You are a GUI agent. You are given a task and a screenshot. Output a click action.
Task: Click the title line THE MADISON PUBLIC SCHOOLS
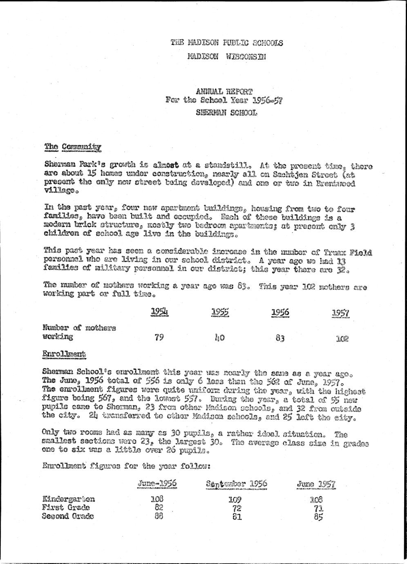[227, 43]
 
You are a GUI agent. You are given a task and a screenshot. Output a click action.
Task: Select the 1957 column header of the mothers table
[340, 313]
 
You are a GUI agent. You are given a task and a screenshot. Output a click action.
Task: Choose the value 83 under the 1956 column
[280, 338]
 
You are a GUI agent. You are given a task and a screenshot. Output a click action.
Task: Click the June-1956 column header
[157, 483]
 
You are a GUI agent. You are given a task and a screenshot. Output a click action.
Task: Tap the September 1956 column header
[237, 484]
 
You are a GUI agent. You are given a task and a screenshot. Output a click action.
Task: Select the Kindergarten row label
[69, 499]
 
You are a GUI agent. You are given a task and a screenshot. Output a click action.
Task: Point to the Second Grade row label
[68, 516]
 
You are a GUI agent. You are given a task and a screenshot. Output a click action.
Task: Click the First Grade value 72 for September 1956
[237, 508]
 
